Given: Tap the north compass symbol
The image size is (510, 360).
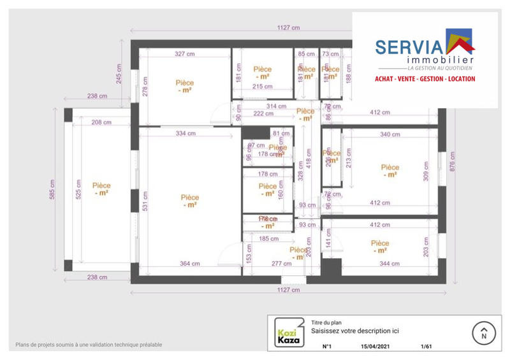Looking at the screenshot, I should (483, 333).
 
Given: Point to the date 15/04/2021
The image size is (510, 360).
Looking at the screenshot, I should (374, 347).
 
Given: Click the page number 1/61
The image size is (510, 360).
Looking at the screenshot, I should (426, 347).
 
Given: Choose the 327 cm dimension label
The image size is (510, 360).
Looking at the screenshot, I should (184, 54).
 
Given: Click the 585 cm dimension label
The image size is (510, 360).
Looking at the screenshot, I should (53, 190).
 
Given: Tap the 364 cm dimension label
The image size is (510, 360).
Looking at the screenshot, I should (189, 264).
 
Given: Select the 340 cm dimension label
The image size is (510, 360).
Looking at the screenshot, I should (390, 134).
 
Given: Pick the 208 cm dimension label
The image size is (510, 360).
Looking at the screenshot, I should (101, 122).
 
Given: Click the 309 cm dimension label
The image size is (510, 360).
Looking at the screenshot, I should (426, 169).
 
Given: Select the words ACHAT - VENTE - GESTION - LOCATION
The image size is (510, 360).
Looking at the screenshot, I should (425, 79).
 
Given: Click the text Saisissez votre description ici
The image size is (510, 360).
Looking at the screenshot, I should (355, 331).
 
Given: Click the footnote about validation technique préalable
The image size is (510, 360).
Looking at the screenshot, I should (89, 345).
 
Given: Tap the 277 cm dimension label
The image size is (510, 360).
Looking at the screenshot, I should (281, 264).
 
